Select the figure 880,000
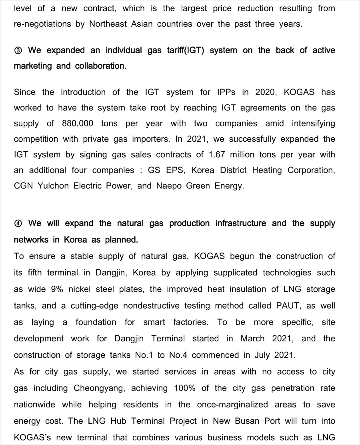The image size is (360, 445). coord(78,123)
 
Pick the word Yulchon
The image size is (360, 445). coord(53,186)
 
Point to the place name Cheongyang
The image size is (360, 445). coord(99,388)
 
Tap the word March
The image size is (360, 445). coord(252,339)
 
